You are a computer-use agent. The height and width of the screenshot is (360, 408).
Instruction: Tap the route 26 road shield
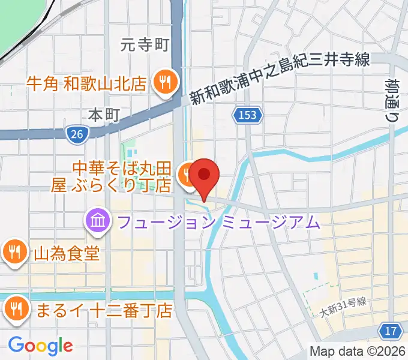76,135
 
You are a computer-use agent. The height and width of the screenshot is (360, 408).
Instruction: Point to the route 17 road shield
391,330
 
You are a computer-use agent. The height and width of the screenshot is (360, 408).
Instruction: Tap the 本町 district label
105,113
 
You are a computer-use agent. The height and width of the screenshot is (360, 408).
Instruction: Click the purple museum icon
97,223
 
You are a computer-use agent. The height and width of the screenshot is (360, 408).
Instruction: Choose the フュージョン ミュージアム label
219,223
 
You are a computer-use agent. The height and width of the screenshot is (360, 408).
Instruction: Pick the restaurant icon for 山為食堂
13,252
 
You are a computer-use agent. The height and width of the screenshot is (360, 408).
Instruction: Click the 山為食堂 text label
67,253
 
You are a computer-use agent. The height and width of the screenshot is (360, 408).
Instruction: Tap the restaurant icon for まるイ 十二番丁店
13,309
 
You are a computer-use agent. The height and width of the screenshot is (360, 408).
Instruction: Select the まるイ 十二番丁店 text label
104,310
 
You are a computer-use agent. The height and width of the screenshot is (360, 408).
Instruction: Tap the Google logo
40,346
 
